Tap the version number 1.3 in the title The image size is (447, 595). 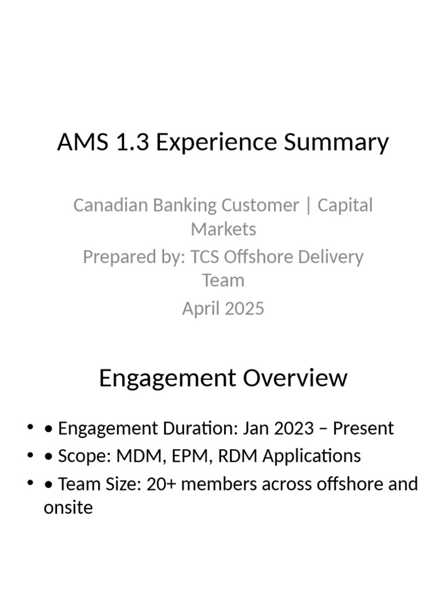[x=132, y=142]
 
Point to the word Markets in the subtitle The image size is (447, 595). [x=223, y=229]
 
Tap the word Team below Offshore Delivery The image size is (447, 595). [x=223, y=280]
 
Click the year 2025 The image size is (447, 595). [x=243, y=308]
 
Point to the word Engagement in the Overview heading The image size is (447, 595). [x=167, y=378]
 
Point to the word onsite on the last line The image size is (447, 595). [x=68, y=507]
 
